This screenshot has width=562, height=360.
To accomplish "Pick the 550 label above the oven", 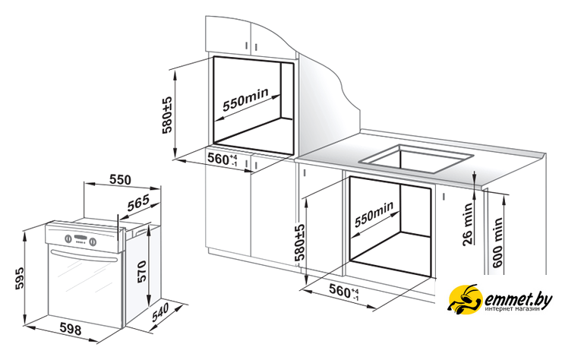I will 121,180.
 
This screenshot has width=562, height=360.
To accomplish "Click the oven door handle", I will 84,257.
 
